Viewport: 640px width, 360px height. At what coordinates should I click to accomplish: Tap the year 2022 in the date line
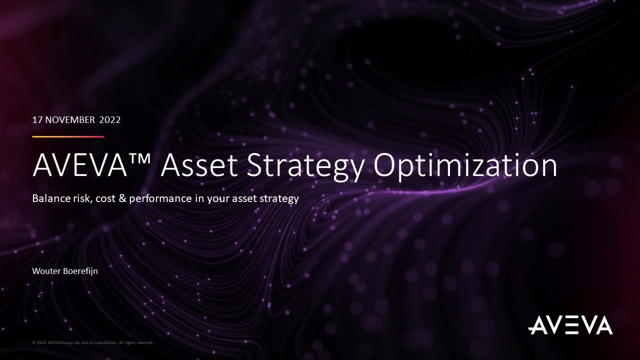(110, 120)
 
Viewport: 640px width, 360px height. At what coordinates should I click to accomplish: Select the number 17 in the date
(37, 120)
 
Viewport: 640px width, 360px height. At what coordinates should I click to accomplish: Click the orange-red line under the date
(68, 136)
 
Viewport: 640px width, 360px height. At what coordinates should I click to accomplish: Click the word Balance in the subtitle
(50, 198)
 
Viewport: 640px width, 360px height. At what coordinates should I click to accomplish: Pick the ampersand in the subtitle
(123, 198)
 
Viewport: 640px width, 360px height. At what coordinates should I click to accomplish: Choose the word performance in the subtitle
(160, 198)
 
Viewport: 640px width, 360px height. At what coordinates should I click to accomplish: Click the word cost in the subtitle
(105, 198)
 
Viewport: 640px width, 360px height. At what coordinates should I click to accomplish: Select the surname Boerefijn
(80, 271)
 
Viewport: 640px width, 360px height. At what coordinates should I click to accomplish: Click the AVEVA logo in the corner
(570, 325)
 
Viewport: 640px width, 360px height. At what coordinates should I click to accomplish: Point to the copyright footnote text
(92, 343)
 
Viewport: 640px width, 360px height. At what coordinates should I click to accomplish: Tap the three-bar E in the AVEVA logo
(569, 325)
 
